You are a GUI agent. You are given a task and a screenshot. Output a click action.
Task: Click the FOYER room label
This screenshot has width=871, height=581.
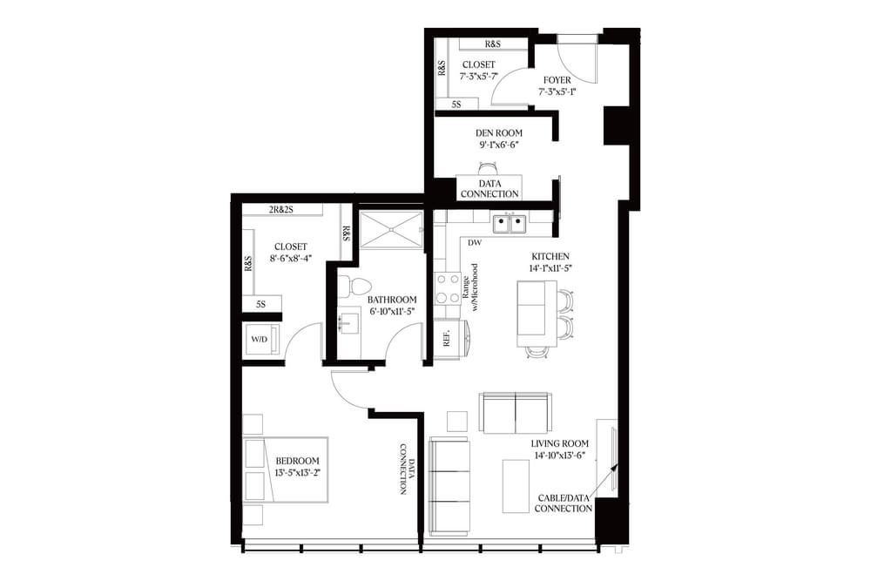[557, 80]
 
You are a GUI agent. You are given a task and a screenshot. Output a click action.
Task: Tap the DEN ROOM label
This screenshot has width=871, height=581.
[498, 133]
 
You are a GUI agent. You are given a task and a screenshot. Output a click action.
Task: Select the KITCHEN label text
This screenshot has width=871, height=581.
[550, 257]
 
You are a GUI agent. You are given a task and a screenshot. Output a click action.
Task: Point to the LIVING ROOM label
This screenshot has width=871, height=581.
[560, 443]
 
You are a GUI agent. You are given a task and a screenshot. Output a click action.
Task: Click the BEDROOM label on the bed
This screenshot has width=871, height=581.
[297, 461]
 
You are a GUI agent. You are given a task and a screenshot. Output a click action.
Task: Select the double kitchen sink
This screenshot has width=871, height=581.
[509, 224]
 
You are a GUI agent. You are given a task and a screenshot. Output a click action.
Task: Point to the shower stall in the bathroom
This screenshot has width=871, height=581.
[390, 229]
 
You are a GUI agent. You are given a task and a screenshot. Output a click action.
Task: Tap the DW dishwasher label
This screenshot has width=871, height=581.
[475, 243]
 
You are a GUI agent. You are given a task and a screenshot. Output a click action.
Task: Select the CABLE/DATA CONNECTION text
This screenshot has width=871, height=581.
[564, 503]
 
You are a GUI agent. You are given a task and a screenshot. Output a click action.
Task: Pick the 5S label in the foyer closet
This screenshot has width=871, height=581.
[456, 105]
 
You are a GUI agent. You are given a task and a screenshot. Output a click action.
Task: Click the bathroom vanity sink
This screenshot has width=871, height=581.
[348, 324]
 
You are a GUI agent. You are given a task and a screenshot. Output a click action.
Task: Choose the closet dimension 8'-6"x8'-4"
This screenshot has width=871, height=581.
[289, 259]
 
